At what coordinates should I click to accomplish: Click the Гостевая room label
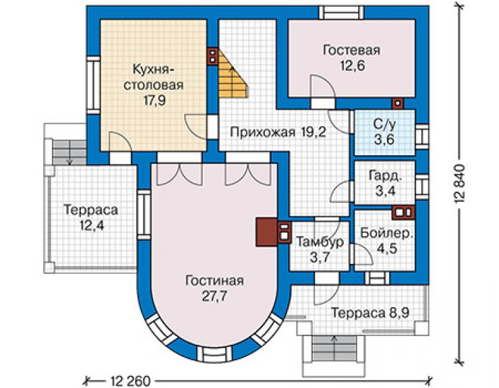coord(351,51)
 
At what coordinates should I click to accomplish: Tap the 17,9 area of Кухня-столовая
coord(154,101)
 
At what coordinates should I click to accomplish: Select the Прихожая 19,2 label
coord(278,132)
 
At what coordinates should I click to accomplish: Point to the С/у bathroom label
coord(384,125)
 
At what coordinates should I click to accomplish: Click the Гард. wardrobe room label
coord(385,176)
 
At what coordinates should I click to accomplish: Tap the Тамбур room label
coord(320,242)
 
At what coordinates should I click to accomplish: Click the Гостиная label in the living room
coord(214,281)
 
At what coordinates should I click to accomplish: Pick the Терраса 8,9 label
coord(370,313)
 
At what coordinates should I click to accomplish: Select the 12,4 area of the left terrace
coord(91,225)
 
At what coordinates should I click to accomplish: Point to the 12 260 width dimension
coord(130,381)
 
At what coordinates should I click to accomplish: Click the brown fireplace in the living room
coord(266,232)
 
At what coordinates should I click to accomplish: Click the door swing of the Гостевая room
coord(322,86)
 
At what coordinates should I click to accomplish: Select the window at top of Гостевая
coord(342,13)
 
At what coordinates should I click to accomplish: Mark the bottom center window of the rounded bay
coord(214,354)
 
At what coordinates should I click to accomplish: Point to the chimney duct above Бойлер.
coord(403,213)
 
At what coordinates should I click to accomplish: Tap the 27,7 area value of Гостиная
coord(214,296)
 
